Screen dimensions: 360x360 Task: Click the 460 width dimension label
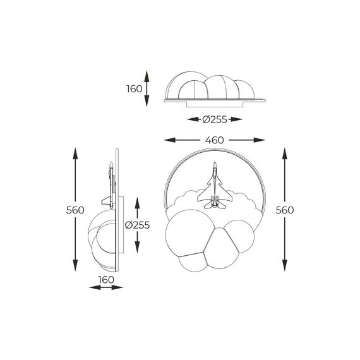click(x=214, y=140)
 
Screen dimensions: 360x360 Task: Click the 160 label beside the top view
click(x=134, y=88)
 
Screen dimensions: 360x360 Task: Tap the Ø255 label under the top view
click(x=215, y=119)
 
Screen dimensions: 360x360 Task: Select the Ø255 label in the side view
click(x=137, y=225)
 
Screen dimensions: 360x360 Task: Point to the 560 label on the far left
click(x=75, y=210)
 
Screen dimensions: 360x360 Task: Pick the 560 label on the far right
click(x=285, y=210)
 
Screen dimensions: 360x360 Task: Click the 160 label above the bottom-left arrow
click(x=105, y=279)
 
